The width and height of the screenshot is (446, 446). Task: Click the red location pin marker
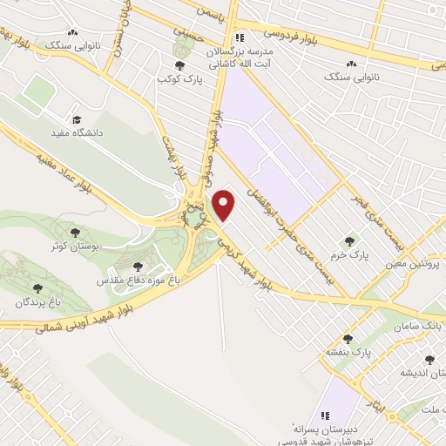point(225,204)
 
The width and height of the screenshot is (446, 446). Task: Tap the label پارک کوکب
point(174,80)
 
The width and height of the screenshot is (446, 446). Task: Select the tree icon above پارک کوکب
point(179,66)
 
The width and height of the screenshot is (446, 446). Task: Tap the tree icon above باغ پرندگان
point(37,287)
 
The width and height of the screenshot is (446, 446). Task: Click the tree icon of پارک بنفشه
point(347,338)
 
